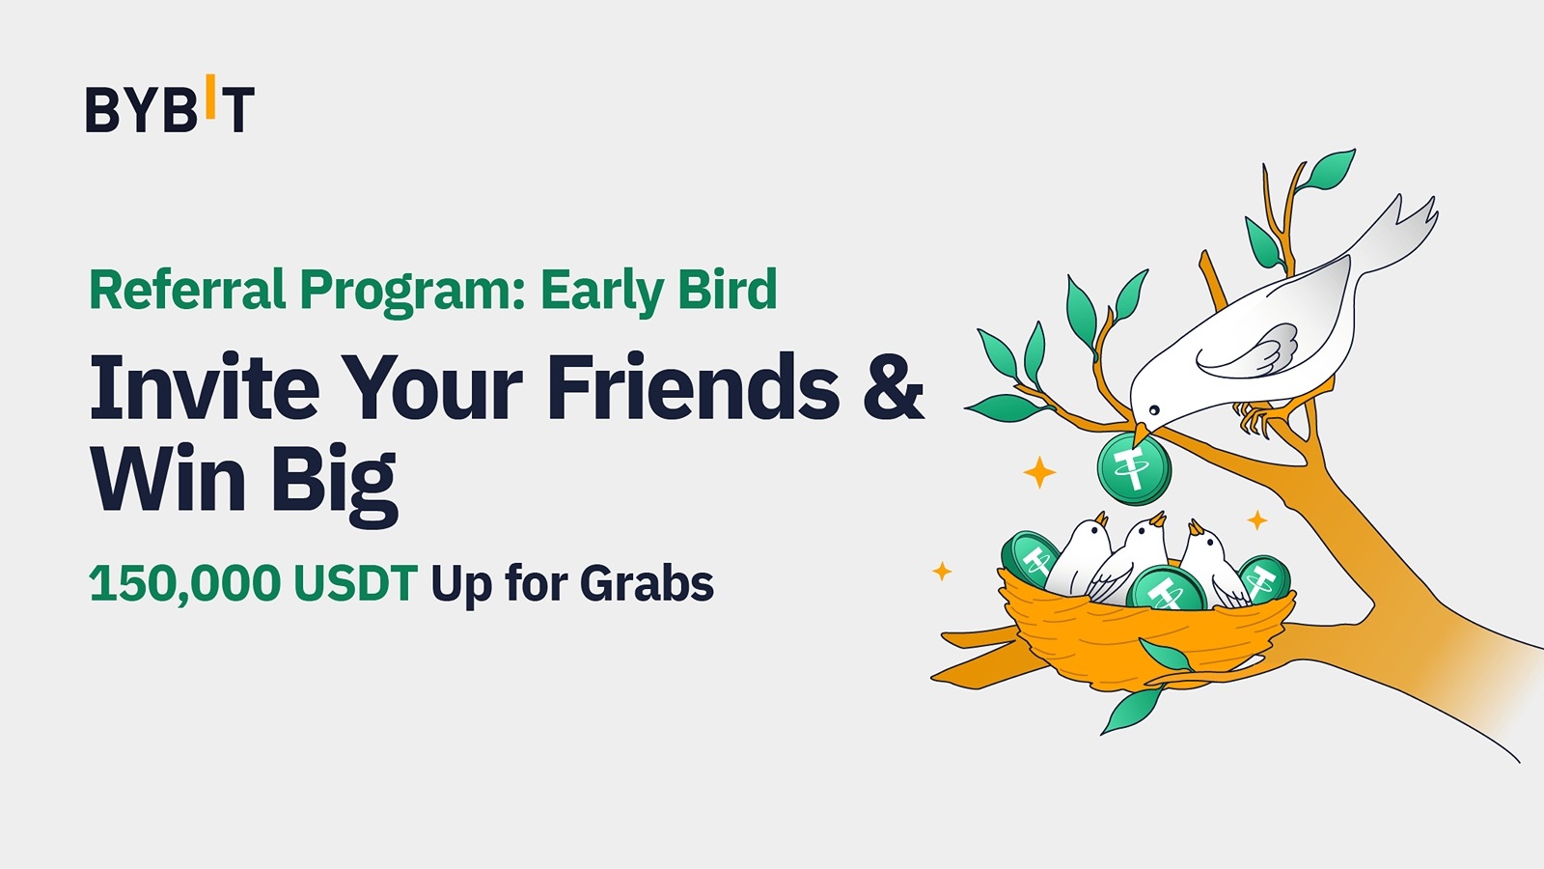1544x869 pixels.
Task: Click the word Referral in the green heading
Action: coord(187,290)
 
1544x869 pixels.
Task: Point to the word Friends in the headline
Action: coord(693,388)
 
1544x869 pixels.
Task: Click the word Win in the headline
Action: coord(164,480)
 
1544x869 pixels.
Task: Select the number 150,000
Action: coord(184,583)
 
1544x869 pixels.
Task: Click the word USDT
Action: coord(355,583)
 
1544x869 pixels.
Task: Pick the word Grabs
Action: coord(647,583)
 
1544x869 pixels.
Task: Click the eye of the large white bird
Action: coord(1154,410)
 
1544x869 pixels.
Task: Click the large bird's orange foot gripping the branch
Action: coord(1255,418)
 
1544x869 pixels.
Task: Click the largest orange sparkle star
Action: coord(1039,472)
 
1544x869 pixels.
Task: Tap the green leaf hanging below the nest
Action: coord(1133,710)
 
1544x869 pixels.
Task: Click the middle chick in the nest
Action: coord(1137,552)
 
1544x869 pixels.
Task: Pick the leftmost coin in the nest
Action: coord(1029,557)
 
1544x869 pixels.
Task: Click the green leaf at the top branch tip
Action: coord(1329,168)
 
